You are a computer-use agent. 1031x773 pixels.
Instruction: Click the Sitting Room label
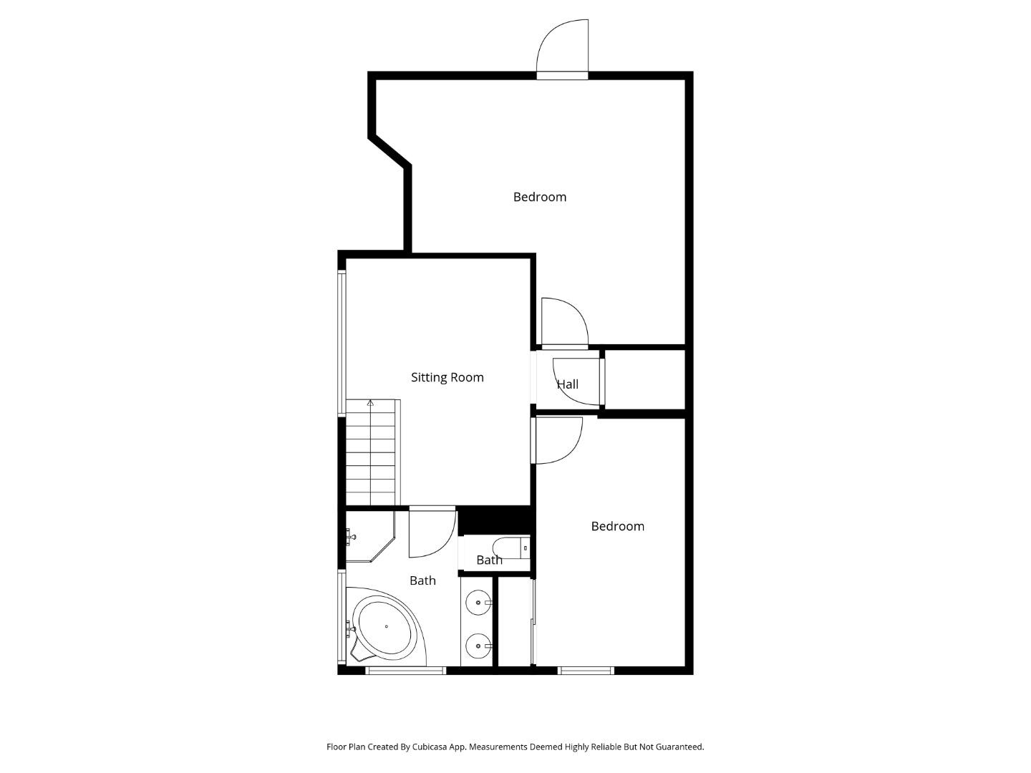click(x=447, y=377)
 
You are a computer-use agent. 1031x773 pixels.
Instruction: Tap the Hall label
click(x=568, y=384)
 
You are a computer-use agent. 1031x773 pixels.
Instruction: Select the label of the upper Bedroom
click(x=539, y=197)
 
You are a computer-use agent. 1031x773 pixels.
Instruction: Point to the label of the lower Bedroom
click(x=617, y=526)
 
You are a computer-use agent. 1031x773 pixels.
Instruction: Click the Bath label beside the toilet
click(x=489, y=560)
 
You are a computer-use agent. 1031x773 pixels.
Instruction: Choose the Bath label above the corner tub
click(x=422, y=580)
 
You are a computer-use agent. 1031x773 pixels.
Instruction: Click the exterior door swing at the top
click(x=563, y=47)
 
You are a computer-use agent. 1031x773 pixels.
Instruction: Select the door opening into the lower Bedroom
click(x=558, y=439)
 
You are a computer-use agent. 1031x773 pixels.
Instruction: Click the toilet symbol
click(x=511, y=548)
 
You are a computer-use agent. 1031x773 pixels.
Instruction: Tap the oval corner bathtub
click(x=386, y=628)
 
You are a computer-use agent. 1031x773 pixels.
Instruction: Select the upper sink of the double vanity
click(x=478, y=603)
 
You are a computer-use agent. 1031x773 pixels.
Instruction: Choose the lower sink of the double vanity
click(x=478, y=646)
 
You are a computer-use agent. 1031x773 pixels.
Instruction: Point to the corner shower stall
click(x=367, y=536)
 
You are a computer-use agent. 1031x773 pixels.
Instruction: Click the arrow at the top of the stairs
click(x=370, y=404)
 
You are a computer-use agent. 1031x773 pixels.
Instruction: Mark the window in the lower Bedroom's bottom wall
click(x=586, y=671)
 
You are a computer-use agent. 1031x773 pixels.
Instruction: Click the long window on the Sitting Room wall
click(x=342, y=341)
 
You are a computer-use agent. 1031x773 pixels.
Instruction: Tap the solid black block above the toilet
click(x=494, y=520)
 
